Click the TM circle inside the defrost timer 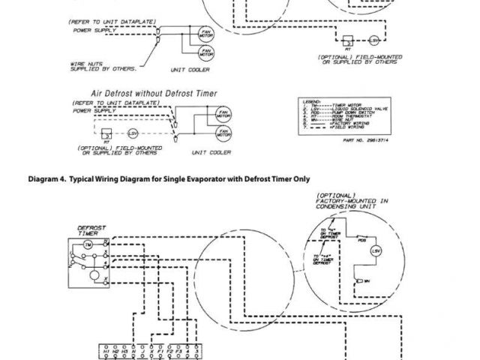(88, 244)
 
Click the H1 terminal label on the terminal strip (106, 351)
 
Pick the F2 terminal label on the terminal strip (169, 351)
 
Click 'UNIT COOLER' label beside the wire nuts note (190, 70)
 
